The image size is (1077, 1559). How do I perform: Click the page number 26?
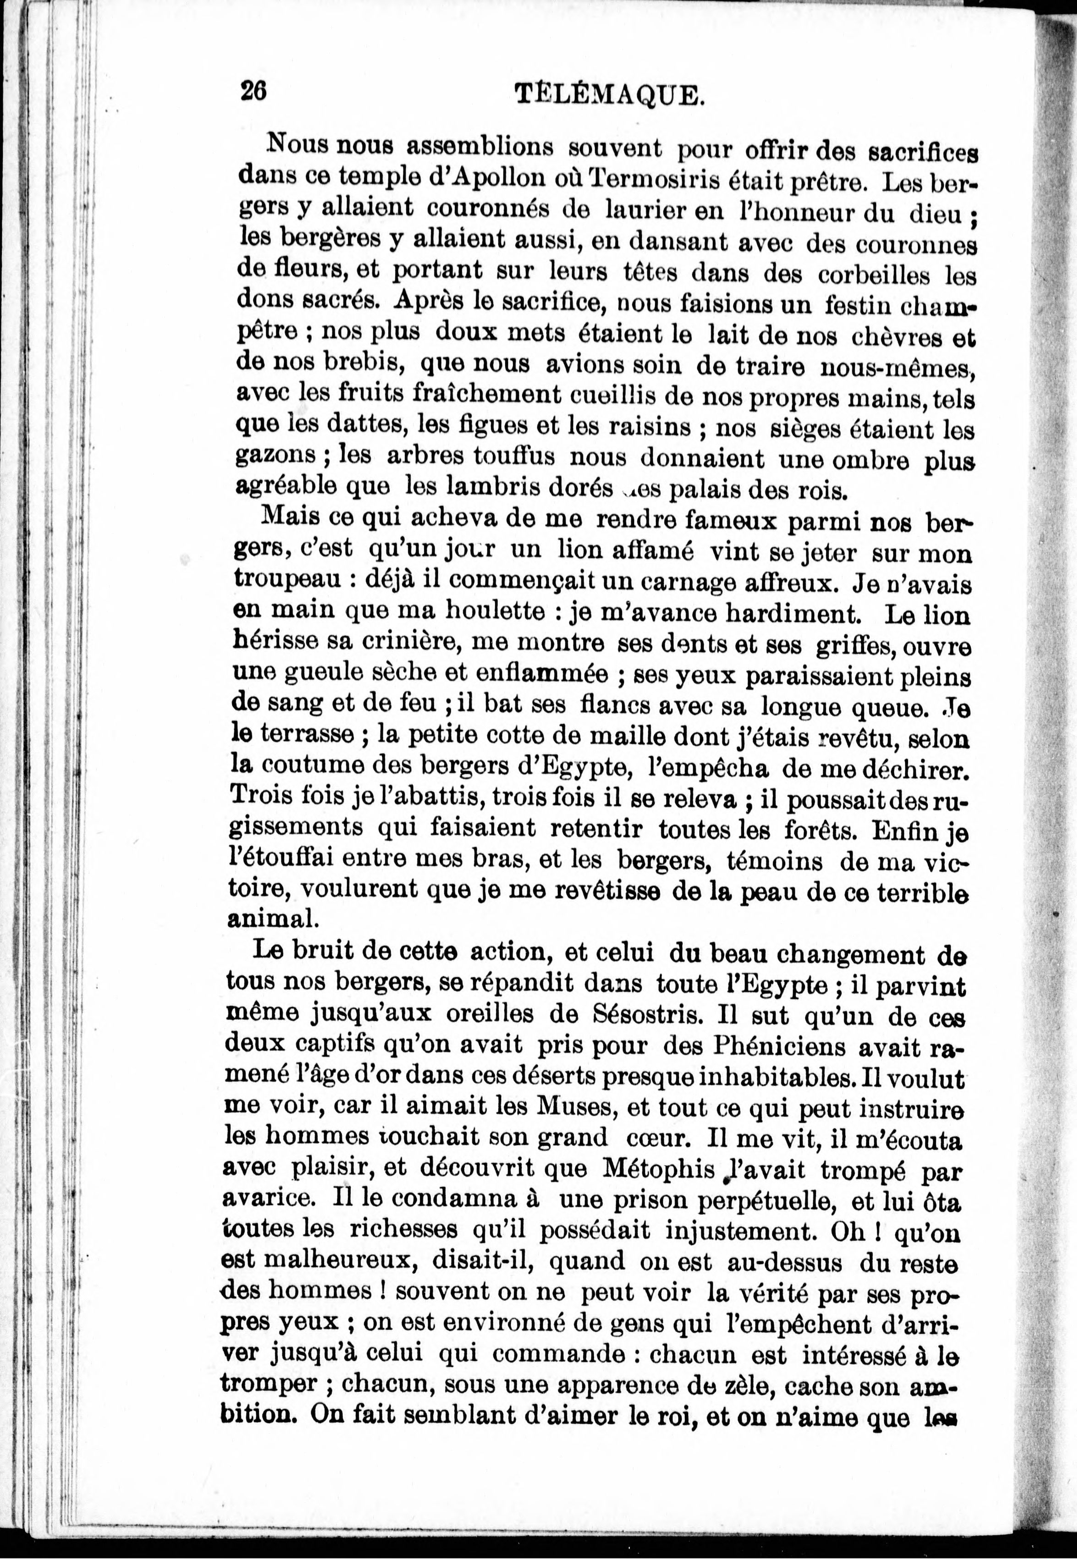pyautogui.click(x=254, y=90)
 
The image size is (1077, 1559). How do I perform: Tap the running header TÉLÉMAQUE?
pyautogui.click(x=609, y=94)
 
